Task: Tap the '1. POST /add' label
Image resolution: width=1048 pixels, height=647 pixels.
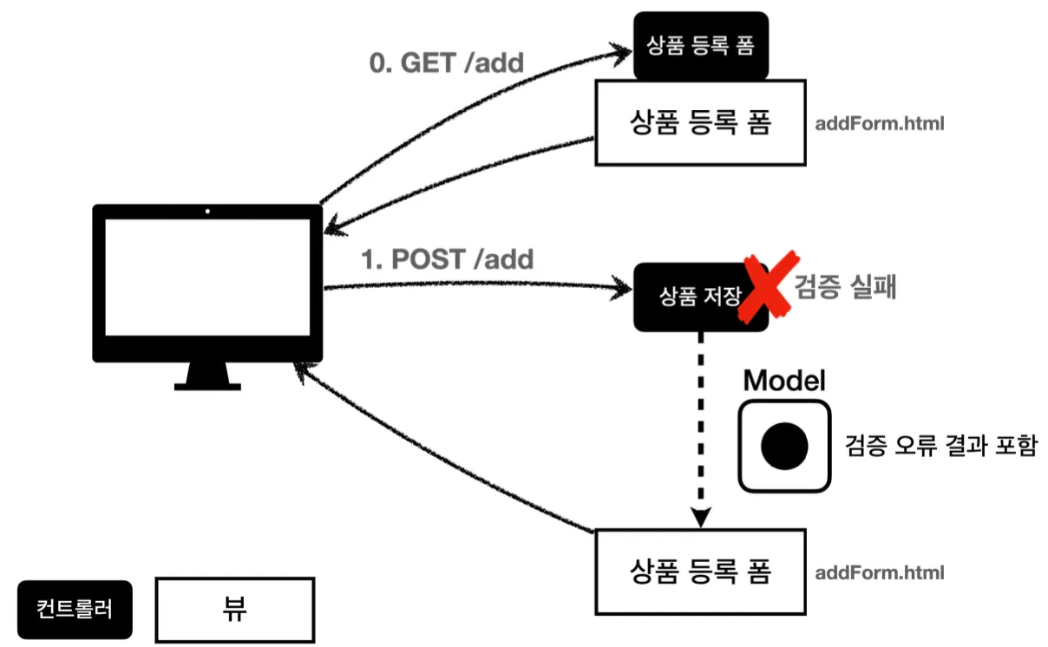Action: (447, 258)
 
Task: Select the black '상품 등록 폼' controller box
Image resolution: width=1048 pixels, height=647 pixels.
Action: (701, 45)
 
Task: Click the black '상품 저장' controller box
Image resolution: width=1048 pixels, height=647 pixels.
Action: (694, 297)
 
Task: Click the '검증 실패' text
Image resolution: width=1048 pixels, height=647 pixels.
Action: (844, 287)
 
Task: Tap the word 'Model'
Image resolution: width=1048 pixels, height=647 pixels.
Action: (784, 380)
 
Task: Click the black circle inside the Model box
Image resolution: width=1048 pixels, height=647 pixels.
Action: (784, 446)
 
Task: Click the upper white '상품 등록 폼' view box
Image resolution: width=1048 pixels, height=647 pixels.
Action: (700, 122)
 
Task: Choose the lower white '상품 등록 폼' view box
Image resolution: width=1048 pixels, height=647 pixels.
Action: (700, 572)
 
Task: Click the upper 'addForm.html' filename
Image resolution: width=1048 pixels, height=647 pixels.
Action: (880, 123)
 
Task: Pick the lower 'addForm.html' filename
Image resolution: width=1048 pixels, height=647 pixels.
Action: (880, 572)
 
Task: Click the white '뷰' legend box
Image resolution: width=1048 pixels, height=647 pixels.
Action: (234, 610)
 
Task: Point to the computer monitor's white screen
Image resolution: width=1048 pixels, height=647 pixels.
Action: (207, 278)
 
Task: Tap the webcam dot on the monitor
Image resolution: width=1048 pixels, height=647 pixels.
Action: (207, 211)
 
